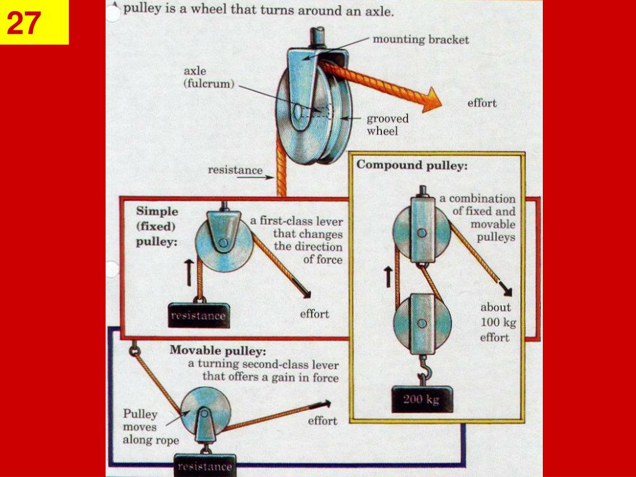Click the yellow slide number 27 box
point(34,22)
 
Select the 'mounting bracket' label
point(420,40)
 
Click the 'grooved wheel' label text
point(387,125)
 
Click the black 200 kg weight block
point(422,399)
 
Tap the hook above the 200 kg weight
point(426,373)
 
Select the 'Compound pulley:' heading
point(412,166)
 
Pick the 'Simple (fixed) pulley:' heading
point(157,227)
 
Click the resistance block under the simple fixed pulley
point(199,316)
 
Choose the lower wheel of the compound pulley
point(422,323)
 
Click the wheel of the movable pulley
point(204,410)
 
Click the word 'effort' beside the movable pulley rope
point(322,420)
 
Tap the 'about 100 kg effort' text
point(495,322)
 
